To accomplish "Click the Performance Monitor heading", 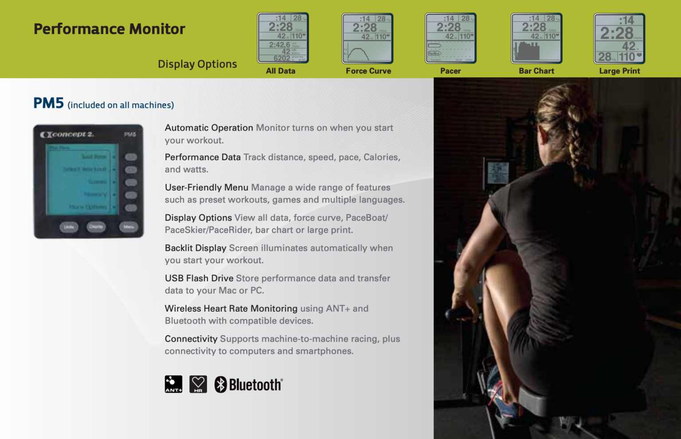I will pos(109,29).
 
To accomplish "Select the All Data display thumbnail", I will pos(283,38).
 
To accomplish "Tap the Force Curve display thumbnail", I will pos(367,39).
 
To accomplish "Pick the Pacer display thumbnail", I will pos(450,39).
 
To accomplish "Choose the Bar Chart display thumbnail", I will pos(536,39).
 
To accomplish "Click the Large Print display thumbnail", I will pos(619,39).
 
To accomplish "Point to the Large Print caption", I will pos(619,71).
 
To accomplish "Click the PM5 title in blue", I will pos(48,103).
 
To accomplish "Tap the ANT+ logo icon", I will pos(173,384).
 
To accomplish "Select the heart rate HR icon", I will pos(198,384).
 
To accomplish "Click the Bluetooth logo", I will pos(249,384).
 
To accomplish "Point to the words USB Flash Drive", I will pos(199,278).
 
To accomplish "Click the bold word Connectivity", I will pos(191,339).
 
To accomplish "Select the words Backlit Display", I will pos(195,248).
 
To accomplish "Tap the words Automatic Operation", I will pos(208,128).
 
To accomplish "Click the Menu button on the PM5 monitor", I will pos(129,227).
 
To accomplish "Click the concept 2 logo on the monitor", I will pos(67,134).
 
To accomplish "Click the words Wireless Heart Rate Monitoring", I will pos(231,308).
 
